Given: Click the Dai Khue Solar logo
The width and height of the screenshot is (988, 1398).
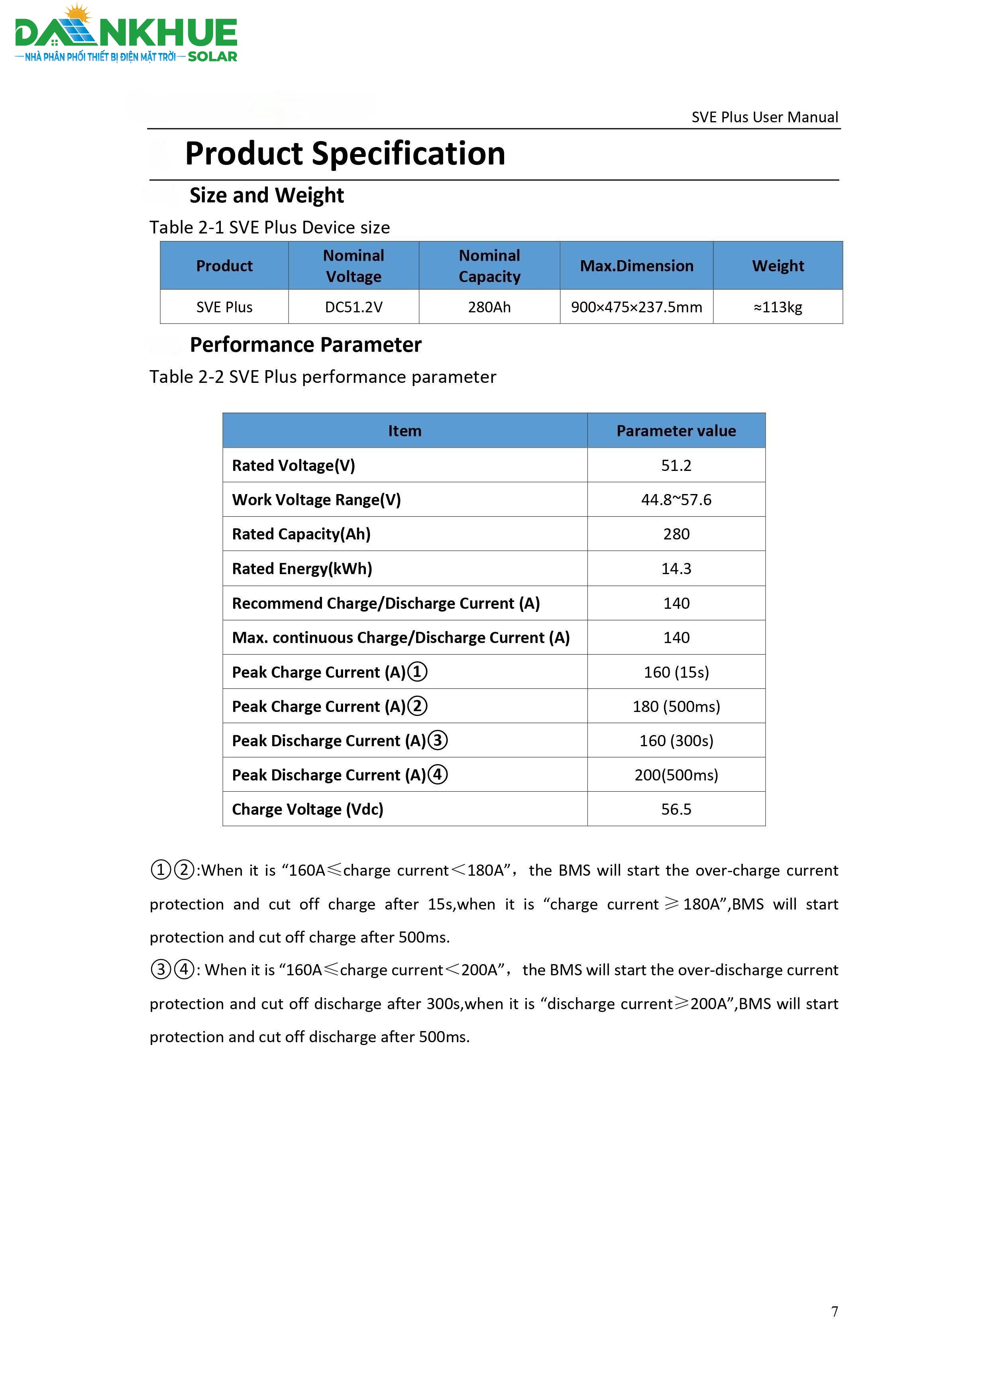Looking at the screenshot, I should click(126, 35).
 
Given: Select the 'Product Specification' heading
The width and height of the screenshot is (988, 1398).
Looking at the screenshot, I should click(345, 153).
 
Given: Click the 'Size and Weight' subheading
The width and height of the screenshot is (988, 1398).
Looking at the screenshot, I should click(266, 196).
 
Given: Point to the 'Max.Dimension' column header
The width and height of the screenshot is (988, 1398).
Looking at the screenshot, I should click(636, 266).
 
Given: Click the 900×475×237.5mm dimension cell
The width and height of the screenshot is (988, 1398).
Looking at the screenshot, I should click(636, 308).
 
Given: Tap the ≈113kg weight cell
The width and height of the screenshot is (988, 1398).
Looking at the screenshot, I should click(778, 308).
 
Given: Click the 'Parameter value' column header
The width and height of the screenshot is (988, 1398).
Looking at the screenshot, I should click(676, 431).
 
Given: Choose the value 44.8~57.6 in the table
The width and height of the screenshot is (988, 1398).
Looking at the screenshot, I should click(676, 500).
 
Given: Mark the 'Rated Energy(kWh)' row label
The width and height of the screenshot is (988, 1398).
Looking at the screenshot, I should click(302, 569).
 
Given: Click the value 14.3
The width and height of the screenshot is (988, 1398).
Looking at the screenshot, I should click(676, 569).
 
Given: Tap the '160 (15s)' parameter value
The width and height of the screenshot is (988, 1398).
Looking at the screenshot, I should click(676, 672).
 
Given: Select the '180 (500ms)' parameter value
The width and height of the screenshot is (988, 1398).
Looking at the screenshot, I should click(676, 706).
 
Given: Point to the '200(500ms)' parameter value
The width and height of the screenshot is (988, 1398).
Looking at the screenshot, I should click(676, 775).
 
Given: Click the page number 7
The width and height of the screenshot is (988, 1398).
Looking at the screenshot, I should click(835, 1312).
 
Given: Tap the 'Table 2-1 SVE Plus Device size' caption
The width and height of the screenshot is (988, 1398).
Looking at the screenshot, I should click(270, 228).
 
